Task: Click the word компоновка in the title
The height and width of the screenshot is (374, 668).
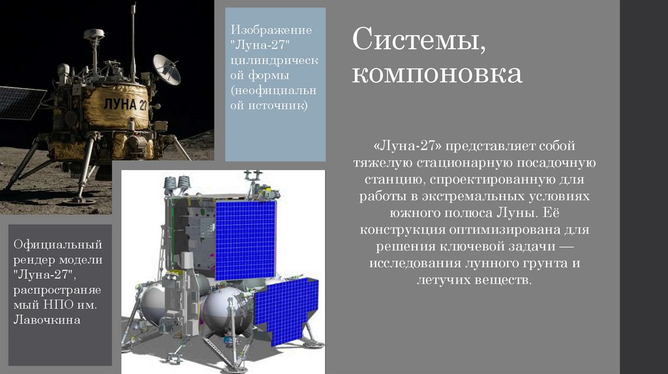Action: pyautogui.click(x=437, y=74)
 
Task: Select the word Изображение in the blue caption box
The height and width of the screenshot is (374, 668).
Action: pyautogui.click(x=270, y=31)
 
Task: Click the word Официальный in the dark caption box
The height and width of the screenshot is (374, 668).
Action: pyautogui.click(x=58, y=246)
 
